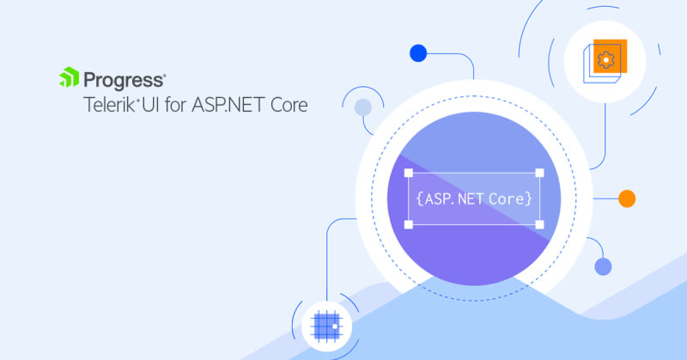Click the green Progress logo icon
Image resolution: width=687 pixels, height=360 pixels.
coord(70,77)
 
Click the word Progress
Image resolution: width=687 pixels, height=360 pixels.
coord(124,81)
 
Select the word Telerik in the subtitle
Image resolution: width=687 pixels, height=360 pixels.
coord(109,105)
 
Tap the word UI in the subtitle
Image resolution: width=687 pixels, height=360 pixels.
coord(150,105)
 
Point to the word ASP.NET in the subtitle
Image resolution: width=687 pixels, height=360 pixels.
coord(228,105)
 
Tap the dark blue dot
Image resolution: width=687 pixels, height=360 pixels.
coord(418,53)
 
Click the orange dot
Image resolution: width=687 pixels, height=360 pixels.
coord(627,198)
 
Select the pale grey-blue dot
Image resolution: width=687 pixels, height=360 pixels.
coord(363,107)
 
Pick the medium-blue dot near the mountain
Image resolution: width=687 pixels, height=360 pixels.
coord(603,266)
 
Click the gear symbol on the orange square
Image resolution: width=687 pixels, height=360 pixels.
coord(606,59)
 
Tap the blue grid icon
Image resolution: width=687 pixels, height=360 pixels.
coord(326,326)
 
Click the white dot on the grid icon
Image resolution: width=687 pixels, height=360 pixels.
coord(335,326)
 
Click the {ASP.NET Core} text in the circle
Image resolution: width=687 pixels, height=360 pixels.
coord(474,199)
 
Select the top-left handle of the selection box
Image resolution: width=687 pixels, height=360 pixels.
coord(409,173)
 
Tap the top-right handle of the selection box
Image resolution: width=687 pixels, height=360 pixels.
coord(540,173)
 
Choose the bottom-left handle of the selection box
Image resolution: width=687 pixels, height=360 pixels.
coord(409,224)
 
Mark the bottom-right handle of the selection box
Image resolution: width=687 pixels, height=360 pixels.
coord(540,224)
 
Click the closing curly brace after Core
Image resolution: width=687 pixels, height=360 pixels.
coord(529,199)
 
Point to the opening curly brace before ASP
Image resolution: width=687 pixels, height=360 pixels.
coord(419,199)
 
